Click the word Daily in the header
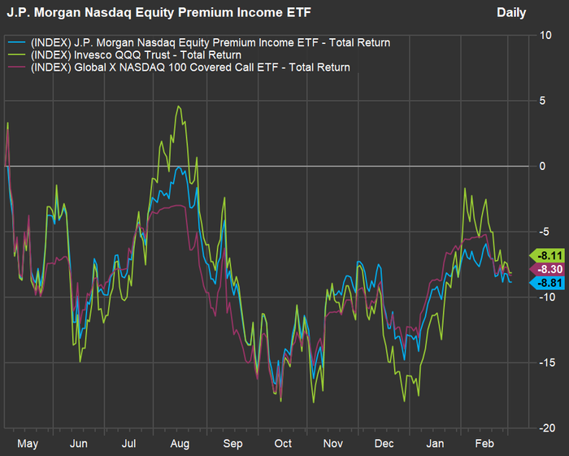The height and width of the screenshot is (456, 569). (x=511, y=13)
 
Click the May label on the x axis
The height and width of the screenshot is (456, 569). (x=28, y=444)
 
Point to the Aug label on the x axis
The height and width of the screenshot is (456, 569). (x=180, y=444)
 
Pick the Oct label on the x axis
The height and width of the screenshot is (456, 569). (x=282, y=444)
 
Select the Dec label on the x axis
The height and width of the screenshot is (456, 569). (x=384, y=444)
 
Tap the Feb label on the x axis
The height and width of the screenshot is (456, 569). (x=485, y=444)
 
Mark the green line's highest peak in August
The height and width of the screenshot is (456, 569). (x=178, y=106)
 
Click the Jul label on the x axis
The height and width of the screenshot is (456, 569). (x=128, y=444)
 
